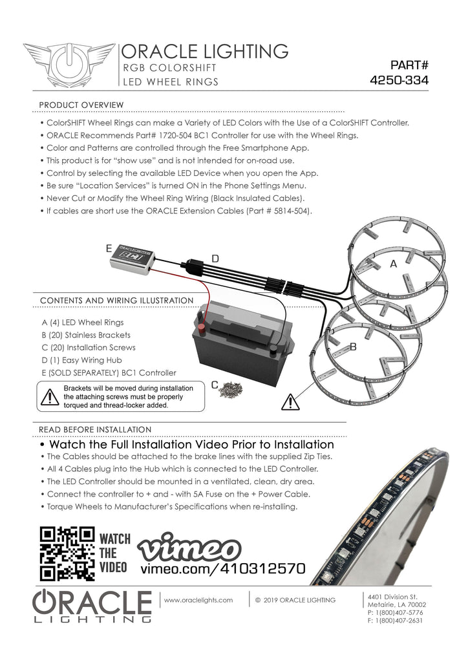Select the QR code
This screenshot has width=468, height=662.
[67, 553]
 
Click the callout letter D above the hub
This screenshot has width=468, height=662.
[215, 259]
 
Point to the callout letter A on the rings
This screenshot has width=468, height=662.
[393, 264]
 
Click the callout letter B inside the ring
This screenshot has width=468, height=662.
[353, 347]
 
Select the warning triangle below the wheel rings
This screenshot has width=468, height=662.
[290, 402]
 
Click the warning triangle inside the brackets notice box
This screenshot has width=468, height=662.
[50, 397]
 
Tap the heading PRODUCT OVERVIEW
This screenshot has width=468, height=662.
[81, 105]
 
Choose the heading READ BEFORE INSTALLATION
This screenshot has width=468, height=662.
[95, 429]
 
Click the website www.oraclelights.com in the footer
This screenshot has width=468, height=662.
[198, 600]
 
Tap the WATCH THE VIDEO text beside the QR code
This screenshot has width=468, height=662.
[114, 553]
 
